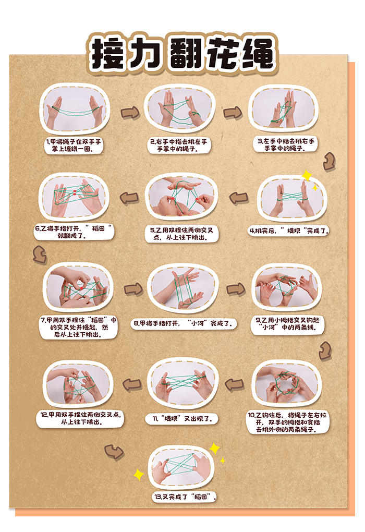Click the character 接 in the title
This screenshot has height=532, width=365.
click(x=110, y=54)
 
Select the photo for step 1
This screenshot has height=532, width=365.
click(x=75, y=110)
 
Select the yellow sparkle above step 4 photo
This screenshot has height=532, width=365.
click(x=307, y=176)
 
